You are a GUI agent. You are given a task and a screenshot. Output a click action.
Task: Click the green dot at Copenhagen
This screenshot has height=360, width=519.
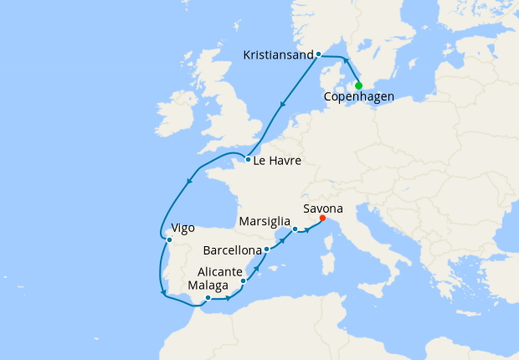coord(358,85)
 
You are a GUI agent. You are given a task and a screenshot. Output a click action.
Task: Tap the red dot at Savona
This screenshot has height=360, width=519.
coord(322,220)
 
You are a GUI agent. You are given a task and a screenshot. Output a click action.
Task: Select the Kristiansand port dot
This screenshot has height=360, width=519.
coord(319,54)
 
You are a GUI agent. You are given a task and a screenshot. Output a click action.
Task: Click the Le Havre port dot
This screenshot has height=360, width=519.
coord(249,159)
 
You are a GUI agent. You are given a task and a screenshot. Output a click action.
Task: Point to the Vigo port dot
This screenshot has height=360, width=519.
coord(169,239)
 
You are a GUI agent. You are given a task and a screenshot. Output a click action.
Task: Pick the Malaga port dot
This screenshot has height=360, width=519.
coord(208,297)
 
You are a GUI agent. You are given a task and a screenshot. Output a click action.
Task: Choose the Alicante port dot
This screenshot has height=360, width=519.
coord(243,281)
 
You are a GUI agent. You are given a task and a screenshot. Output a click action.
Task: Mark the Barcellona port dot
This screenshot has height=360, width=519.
coord(266,249)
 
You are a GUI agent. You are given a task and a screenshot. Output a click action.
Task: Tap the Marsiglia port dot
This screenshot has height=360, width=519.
coord(295,229)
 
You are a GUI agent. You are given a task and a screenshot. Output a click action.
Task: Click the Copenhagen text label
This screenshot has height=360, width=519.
coord(359,97)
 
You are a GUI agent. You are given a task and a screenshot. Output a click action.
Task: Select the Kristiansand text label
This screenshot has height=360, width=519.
coord(278,55)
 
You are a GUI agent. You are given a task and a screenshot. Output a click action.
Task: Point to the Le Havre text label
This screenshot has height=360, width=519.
coord(279,160)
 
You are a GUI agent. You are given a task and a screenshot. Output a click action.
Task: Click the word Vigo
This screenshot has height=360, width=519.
coord(182,228)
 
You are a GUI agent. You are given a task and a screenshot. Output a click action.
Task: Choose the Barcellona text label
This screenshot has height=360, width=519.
coord(231,250)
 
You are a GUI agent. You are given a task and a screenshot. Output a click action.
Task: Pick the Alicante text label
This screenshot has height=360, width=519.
coord(220,272)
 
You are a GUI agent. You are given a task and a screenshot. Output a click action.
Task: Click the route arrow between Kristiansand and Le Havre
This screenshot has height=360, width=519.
coord(283,106)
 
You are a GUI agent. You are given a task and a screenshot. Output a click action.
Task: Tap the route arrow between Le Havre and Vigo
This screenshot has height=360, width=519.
coord(189,181)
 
